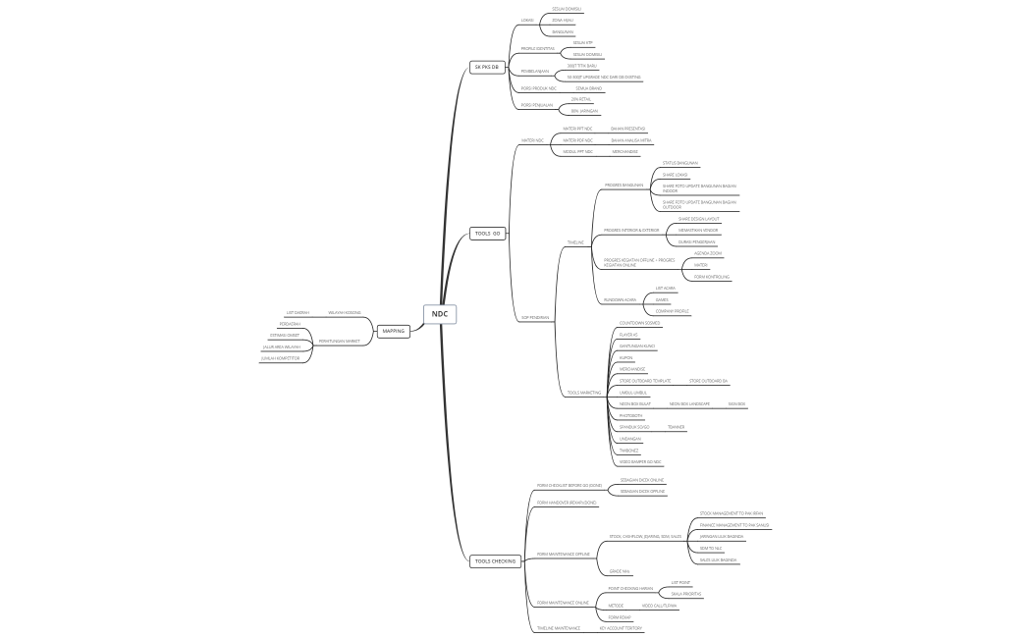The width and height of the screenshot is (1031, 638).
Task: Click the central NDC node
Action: coord(440,314)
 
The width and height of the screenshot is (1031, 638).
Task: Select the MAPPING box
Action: coord(394,331)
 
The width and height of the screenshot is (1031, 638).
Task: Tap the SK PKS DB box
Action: coord(487,67)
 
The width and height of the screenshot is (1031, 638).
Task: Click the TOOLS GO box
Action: coord(488,234)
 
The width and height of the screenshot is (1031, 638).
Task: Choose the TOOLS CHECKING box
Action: coord(494,561)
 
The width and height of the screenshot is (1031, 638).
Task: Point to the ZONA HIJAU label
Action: coord(563,20)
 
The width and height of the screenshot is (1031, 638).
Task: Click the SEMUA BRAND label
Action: coord(588,88)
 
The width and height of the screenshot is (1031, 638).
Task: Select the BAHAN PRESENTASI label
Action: coord(627,128)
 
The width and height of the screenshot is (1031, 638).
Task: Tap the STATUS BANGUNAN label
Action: coord(679,163)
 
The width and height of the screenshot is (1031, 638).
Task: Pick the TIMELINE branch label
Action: coord(575,242)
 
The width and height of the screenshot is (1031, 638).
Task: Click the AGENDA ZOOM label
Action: coord(708,253)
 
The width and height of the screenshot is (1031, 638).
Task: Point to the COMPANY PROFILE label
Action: coord(673,311)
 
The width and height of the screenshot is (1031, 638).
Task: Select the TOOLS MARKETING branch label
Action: coord(584,393)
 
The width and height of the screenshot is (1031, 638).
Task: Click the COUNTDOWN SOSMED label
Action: coord(639,323)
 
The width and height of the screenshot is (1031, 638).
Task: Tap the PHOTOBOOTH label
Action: coord(631,415)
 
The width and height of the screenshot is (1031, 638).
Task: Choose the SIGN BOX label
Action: coord(736,403)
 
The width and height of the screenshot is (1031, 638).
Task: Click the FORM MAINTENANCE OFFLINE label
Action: coord(563,554)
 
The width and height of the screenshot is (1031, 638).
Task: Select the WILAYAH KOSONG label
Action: coord(344,313)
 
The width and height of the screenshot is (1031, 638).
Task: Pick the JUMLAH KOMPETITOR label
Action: coord(279,358)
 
